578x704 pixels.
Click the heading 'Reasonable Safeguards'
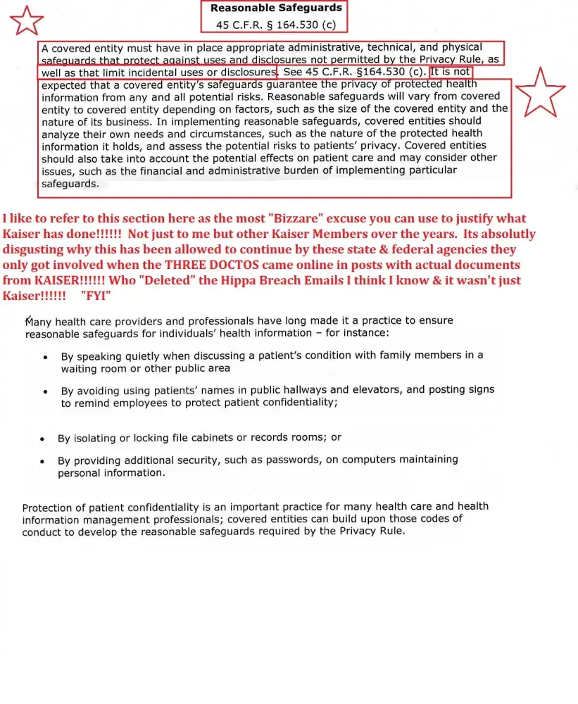tap(276, 8)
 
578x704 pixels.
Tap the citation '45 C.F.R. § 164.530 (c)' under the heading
tap(276, 25)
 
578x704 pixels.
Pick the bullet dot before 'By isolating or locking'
tap(43, 439)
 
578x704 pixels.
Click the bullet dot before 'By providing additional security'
tap(43, 461)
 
